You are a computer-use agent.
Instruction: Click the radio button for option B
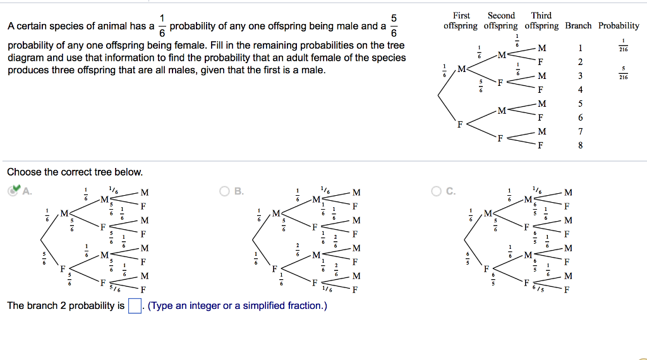pyautogui.click(x=224, y=191)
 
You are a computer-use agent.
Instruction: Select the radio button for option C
pyautogui.click(x=435, y=191)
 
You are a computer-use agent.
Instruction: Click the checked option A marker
pyautogui.click(x=13, y=191)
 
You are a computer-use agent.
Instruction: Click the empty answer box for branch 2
pyautogui.click(x=134, y=306)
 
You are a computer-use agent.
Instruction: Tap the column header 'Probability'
pyautogui.click(x=619, y=26)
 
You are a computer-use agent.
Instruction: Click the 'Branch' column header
pyautogui.click(x=578, y=26)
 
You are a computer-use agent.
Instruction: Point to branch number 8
pyautogui.click(x=580, y=146)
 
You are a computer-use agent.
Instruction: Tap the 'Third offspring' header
pyautogui.click(x=541, y=21)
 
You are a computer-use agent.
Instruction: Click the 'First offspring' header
pyautogui.click(x=461, y=21)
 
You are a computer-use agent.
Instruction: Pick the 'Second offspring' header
pyautogui.click(x=501, y=21)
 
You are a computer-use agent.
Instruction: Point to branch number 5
pyautogui.click(x=580, y=104)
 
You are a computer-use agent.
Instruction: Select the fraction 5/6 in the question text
pyautogui.click(x=395, y=26)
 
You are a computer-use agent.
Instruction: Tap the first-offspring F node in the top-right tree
pyautogui.click(x=461, y=124)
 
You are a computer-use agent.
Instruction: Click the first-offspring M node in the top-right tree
pyautogui.click(x=461, y=68)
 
